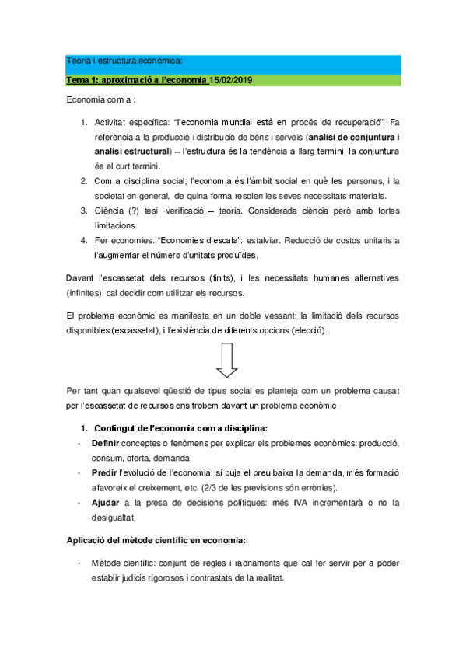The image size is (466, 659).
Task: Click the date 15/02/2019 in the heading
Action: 231,81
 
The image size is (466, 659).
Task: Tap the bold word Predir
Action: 105,472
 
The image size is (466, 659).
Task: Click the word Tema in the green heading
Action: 76,81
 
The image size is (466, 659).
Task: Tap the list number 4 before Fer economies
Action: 84,241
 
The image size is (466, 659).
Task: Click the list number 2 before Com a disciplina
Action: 84,180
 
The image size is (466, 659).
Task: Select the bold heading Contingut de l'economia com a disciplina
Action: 180,427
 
